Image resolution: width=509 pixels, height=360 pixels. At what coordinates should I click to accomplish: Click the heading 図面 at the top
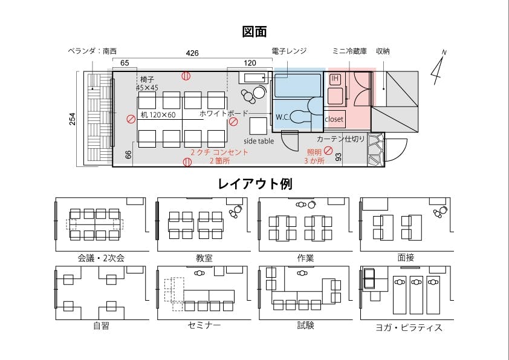tap(254, 31)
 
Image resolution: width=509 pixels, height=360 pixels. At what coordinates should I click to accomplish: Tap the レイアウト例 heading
tap(255, 183)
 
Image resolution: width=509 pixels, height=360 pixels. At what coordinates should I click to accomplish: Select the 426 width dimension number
tap(192, 53)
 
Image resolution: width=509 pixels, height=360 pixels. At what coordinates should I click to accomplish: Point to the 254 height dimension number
tap(72, 119)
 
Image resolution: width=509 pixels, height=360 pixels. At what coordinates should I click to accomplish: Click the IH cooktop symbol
tap(336, 79)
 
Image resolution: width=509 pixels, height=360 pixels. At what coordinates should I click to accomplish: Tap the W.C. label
tap(283, 117)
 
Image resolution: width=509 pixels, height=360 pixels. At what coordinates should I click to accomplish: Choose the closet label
tap(334, 119)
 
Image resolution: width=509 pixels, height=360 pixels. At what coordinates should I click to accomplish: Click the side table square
tap(258, 126)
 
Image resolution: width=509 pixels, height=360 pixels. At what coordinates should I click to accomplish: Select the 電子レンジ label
tap(289, 51)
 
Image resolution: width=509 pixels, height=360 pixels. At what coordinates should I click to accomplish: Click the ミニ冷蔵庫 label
tap(349, 51)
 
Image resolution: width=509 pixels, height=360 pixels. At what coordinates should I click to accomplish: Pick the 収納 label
tap(383, 51)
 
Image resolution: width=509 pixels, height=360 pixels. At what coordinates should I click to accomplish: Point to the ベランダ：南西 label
tap(92, 51)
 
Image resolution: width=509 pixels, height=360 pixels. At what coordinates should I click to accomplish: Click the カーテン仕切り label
tap(341, 139)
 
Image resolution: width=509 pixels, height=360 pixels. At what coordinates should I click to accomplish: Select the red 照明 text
tap(314, 152)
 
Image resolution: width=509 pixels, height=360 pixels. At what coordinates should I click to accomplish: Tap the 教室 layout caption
tap(204, 258)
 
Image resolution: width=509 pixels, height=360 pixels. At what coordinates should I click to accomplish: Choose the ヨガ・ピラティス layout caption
tap(409, 327)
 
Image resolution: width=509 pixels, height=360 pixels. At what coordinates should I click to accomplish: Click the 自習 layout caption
tap(102, 326)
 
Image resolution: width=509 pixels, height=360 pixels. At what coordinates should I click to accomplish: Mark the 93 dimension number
tap(339, 157)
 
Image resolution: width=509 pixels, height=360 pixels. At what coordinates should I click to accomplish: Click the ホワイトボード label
tap(224, 113)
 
